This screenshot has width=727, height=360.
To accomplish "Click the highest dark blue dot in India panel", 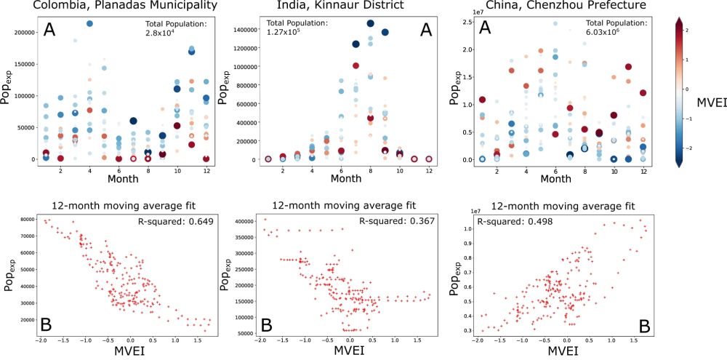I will click(x=370, y=23).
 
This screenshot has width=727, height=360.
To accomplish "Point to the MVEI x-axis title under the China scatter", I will click(x=563, y=353).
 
